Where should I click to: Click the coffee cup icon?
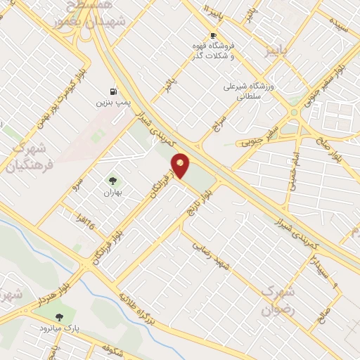tap(213, 35)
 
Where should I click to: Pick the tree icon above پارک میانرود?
tap(59, 317)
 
